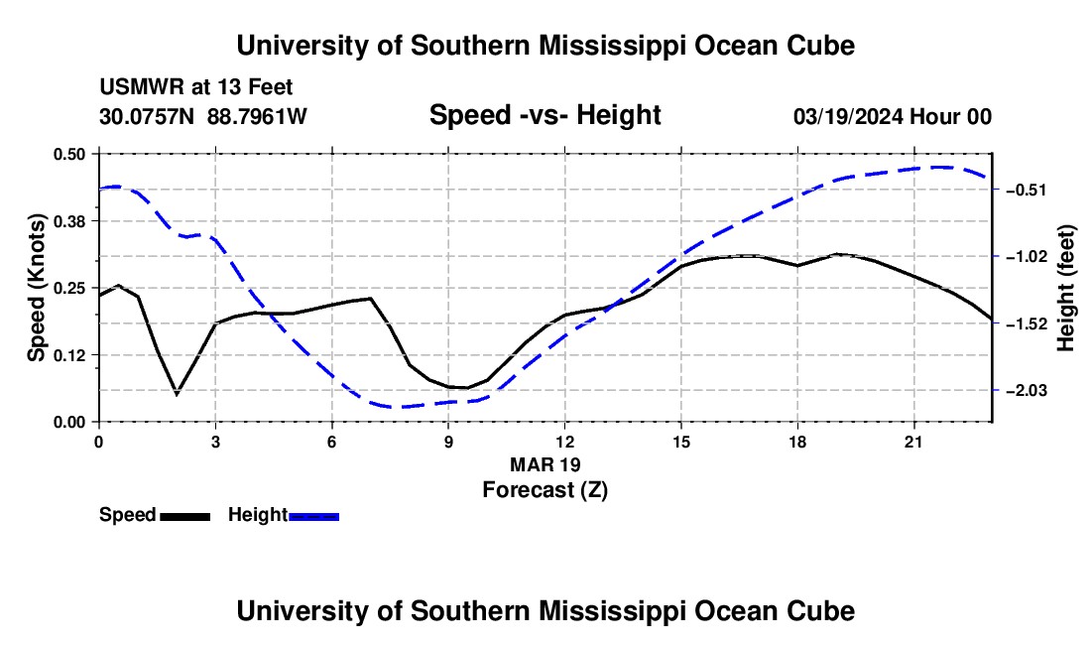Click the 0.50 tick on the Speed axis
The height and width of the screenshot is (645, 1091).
click(68, 154)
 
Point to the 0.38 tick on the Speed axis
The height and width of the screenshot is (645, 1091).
click(68, 221)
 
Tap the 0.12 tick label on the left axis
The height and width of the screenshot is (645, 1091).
click(68, 355)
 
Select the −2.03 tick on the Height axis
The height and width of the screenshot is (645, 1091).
click(1027, 391)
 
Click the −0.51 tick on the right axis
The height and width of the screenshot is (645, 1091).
click(1027, 190)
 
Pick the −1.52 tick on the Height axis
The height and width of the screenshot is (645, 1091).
click(1027, 324)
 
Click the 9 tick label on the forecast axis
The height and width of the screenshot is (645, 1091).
click(448, 442)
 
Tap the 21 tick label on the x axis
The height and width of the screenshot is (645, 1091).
click(913, 442)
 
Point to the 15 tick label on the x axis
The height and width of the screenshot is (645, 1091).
click(681, 442)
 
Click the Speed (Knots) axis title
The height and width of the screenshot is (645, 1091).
click(36, 288)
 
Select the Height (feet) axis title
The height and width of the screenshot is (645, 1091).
click(1065, 288)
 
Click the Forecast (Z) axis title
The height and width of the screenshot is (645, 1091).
click(545, 490)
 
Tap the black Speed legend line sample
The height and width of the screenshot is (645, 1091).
click(185, 516)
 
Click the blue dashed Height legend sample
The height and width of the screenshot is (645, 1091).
click(313, 516)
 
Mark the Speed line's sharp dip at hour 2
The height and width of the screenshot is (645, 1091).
click(177, 395)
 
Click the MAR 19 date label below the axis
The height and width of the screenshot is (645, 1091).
click(545, 464)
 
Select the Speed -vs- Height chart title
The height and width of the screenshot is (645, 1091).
click(545, 115)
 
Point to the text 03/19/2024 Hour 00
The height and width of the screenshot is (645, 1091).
click(893, 116)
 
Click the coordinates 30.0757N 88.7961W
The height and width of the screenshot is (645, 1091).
click(202, 116)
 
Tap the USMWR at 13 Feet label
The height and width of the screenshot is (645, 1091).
click(196, 87)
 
